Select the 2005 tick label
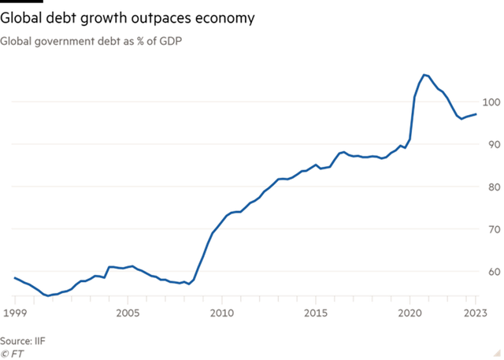point(128,314)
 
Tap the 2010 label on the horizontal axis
point(222,314)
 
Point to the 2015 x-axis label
point(316,314)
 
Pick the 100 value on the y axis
point(491,102)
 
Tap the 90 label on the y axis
point(491,145)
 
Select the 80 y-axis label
point(491,187)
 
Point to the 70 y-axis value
point(491,229)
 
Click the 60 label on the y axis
point(491,272)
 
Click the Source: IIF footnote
point(22,340)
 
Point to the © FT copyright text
point(13,351)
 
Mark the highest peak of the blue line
point(425,75)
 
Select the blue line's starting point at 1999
point(14,277)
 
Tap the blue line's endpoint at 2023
point(476,114)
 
